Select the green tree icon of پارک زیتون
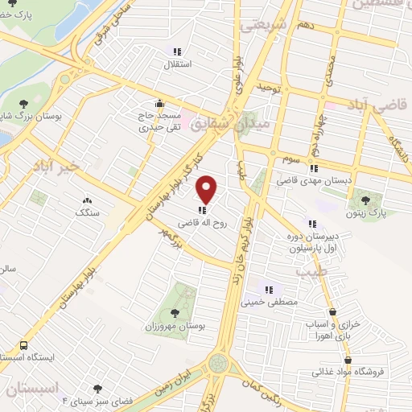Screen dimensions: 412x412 click(367, 200)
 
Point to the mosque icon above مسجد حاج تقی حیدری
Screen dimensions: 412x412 click(159, 104)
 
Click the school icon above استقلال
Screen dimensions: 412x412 click(174, 51)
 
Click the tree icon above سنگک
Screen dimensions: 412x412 click(86, 199)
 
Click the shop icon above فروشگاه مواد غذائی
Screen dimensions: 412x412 click(348, 360)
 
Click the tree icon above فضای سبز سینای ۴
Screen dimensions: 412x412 click(99, 389)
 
